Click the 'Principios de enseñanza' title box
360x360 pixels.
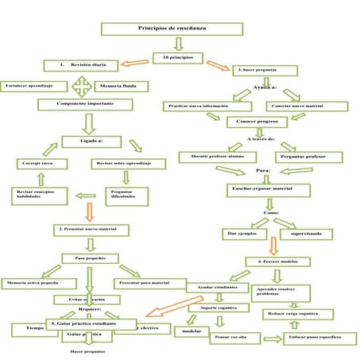[171, 29]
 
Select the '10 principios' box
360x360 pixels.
[177, 58]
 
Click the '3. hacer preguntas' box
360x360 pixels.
[266, 72]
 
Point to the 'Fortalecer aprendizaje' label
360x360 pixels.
[30, 85]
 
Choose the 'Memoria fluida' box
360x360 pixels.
[119, 85]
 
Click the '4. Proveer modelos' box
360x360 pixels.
[278, 261]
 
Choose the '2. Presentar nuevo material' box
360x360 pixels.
[91, 230]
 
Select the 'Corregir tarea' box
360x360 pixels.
[36, 163]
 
